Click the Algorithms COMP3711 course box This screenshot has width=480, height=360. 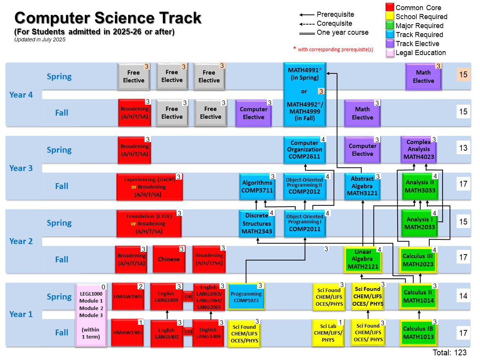pos(257,187)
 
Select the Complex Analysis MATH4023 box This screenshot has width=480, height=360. pos(418,150)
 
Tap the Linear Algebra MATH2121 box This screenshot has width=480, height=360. pos(363,259)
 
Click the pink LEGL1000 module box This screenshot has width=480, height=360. pos(91,315)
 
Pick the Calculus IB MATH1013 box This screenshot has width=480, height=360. pos(418,333)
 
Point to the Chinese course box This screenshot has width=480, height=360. pos(169,259)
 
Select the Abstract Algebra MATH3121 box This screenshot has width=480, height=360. pos(362,187)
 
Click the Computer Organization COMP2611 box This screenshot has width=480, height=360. pos(305,150)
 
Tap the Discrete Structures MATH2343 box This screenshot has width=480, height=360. pos(257,223)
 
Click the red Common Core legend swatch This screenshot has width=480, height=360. pos(389,7)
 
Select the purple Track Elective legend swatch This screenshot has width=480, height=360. pos(389,43)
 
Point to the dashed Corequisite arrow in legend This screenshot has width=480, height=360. pos(307,24)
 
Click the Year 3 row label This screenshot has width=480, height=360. pos(21,168)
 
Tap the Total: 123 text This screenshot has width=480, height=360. pos(450,353)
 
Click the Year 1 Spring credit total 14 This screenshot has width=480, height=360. pos(463,296)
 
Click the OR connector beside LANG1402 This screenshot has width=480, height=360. pos(188,332)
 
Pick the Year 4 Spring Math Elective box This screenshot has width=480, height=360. pos(423,77)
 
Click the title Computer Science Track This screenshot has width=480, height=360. pos(108,18)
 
